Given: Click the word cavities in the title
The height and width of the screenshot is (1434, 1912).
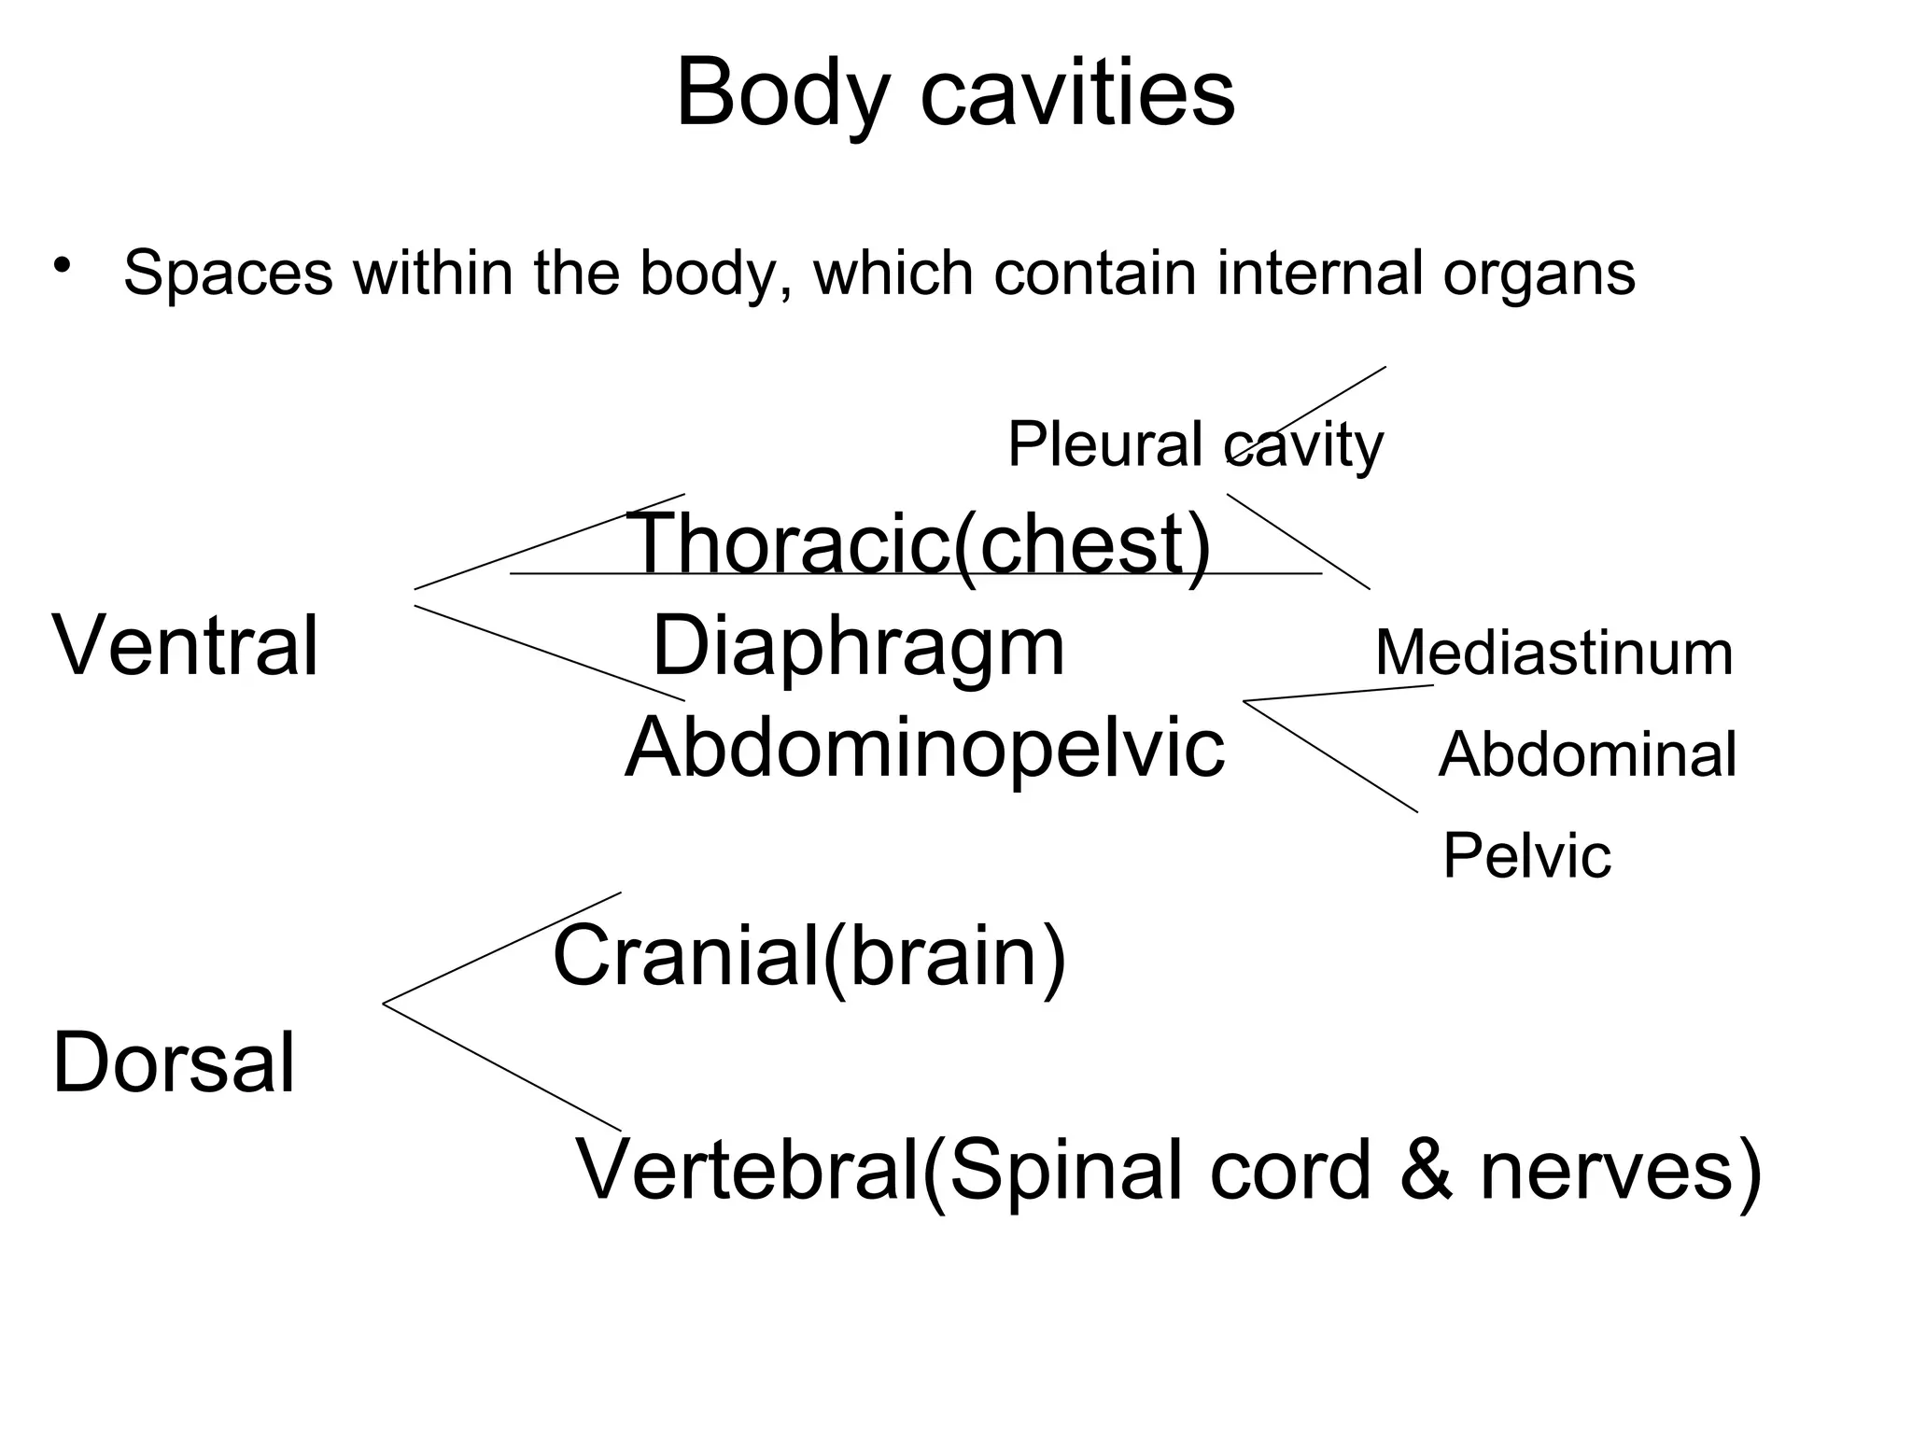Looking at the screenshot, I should (x=1077, y=93).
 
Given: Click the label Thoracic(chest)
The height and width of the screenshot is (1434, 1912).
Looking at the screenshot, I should (x=920, y=544).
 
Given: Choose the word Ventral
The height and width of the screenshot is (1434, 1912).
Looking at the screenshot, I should (x=186, y=645).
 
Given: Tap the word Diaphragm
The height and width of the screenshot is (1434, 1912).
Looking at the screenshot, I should (x=858, y=647).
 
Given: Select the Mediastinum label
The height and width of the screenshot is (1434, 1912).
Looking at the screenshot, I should (x=1553, y=654).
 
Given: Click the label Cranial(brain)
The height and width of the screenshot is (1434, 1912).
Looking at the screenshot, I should (x=808, y=956).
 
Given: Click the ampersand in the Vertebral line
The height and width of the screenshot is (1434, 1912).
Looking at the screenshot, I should (x=1427, y=1171).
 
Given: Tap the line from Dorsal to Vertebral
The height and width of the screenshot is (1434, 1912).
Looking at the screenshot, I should (x=501, y=1067).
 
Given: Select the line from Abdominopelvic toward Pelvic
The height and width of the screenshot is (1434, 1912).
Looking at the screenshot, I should (x=1330, y=756).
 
